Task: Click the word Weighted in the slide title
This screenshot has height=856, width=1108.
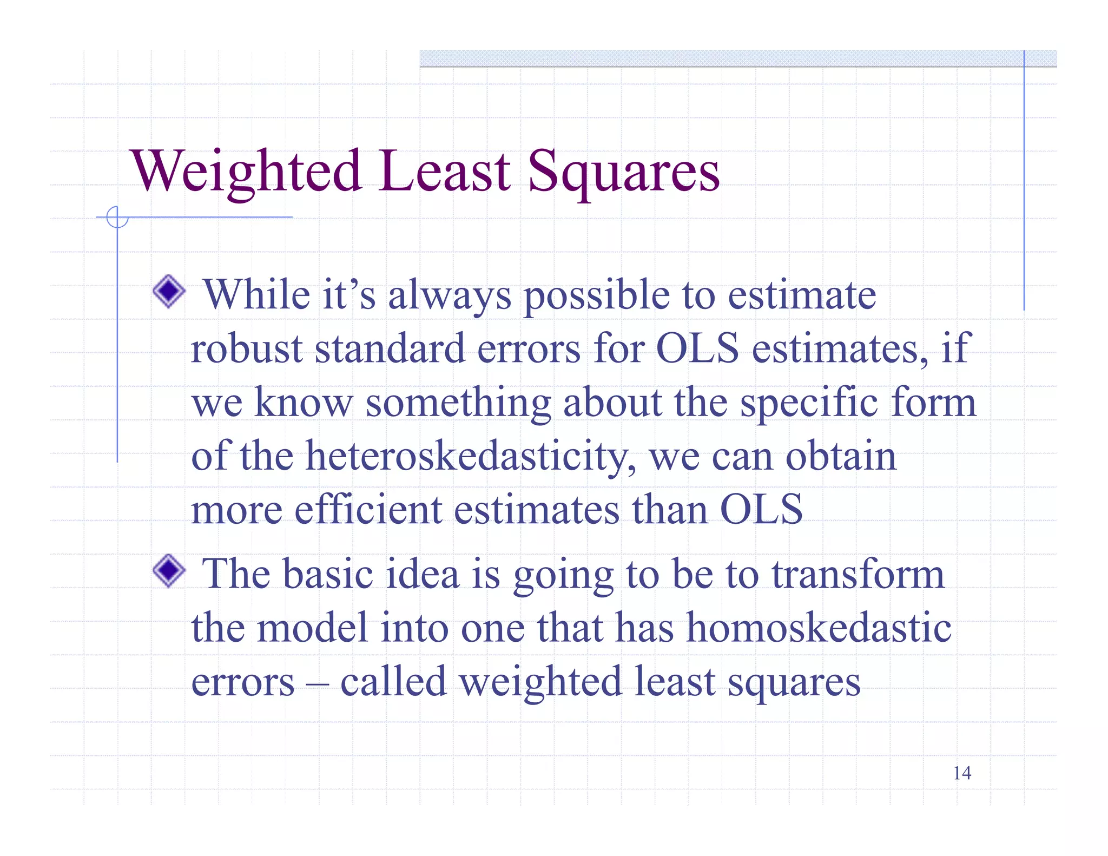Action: [x=246, y=172]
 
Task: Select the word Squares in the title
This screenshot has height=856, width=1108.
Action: [x=623, y=172]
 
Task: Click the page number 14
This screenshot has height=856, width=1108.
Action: [x=962, y=773]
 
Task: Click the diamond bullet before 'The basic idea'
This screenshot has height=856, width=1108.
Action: [x=169, y=570]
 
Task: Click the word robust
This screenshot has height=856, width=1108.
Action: [x=246, y=348]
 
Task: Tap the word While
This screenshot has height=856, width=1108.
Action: [x=256, y=295]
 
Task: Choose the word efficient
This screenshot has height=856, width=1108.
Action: [x=368, y=510]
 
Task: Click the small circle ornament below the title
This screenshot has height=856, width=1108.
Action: [x=117, y=218]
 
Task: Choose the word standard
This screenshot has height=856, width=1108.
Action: [x=390, y=348]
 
